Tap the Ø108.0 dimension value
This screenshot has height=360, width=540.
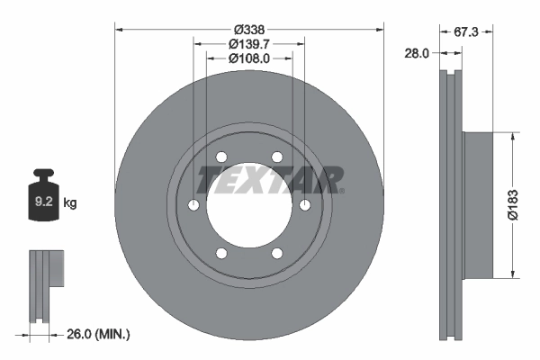coord(249,58)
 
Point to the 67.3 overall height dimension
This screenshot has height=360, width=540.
coord(465,31)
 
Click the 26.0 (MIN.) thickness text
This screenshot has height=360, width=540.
coord(100,335)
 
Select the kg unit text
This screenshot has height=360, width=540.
coord(70,203)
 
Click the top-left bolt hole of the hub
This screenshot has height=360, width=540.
coord(221,157)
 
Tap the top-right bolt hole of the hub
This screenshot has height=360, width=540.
coord(277,157)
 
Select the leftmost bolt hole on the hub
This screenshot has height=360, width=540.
coord(193,206)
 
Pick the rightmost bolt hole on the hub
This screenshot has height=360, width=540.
coord(305,206)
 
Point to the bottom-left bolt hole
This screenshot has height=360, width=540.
coord(221,254)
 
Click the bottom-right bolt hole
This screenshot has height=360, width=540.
coord(277,254)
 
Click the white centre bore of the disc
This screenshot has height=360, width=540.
coord(249,206)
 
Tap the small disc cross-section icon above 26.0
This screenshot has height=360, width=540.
coord(46,283)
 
